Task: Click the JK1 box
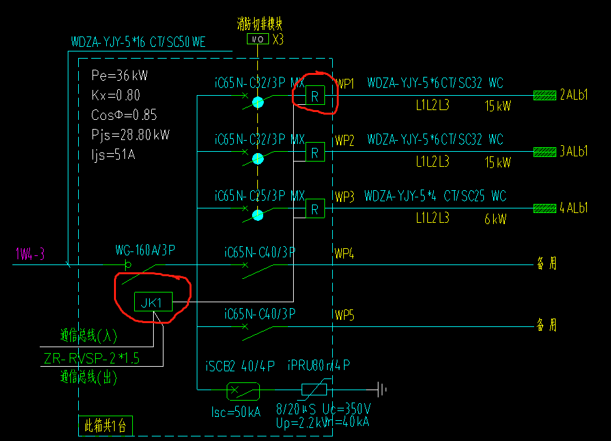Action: click(x=153, y=302)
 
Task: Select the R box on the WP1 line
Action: click(x=315, y=96)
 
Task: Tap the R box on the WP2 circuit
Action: click(x=315, y=152)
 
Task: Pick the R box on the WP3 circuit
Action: click(x=315, y=208)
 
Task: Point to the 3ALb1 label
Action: click(x=574, y=152)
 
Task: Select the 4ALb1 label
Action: click(x=574, y=208)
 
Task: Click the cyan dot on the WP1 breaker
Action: click(x=258, y=102)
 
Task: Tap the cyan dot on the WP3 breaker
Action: click(x=258, y=215)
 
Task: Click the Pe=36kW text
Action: click(x=119, y=76)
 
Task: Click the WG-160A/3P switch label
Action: click(x=145, y=250)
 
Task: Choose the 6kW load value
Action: click(x=497, y=220)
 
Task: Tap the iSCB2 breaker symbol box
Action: click(x=243, y=391)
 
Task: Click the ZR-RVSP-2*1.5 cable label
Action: click(x=92, y=358)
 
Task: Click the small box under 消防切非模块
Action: click(x=257, y=40)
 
